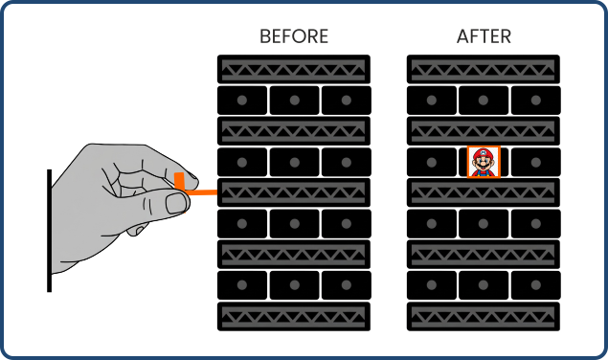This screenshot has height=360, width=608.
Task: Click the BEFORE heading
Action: pos(294,37)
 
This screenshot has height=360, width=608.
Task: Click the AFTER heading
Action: pos(484,37)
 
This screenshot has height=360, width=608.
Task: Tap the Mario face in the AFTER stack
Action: pos(484,162)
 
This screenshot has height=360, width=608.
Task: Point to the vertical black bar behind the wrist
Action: pos(49,230)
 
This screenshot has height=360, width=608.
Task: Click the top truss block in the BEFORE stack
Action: pos(294,69)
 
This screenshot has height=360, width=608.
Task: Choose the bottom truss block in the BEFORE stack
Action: pos(294,317)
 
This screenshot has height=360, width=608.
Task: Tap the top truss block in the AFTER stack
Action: pos(484,69)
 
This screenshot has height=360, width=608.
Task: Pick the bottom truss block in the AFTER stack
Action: pos(484,317)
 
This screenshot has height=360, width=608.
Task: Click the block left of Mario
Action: pos(432,162)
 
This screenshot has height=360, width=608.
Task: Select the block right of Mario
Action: pos(535,162)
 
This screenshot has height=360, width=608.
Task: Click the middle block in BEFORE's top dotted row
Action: pos(294,100)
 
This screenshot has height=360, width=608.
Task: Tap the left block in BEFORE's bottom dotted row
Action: pos(242,285)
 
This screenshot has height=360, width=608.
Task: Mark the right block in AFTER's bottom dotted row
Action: pos(535,285)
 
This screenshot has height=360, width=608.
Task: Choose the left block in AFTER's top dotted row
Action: pos(432,100)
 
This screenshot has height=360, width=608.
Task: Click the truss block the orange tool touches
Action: pos(294,192)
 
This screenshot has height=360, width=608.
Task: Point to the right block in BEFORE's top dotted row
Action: pos(346,100)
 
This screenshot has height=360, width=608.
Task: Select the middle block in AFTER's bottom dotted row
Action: pos(484,285)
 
